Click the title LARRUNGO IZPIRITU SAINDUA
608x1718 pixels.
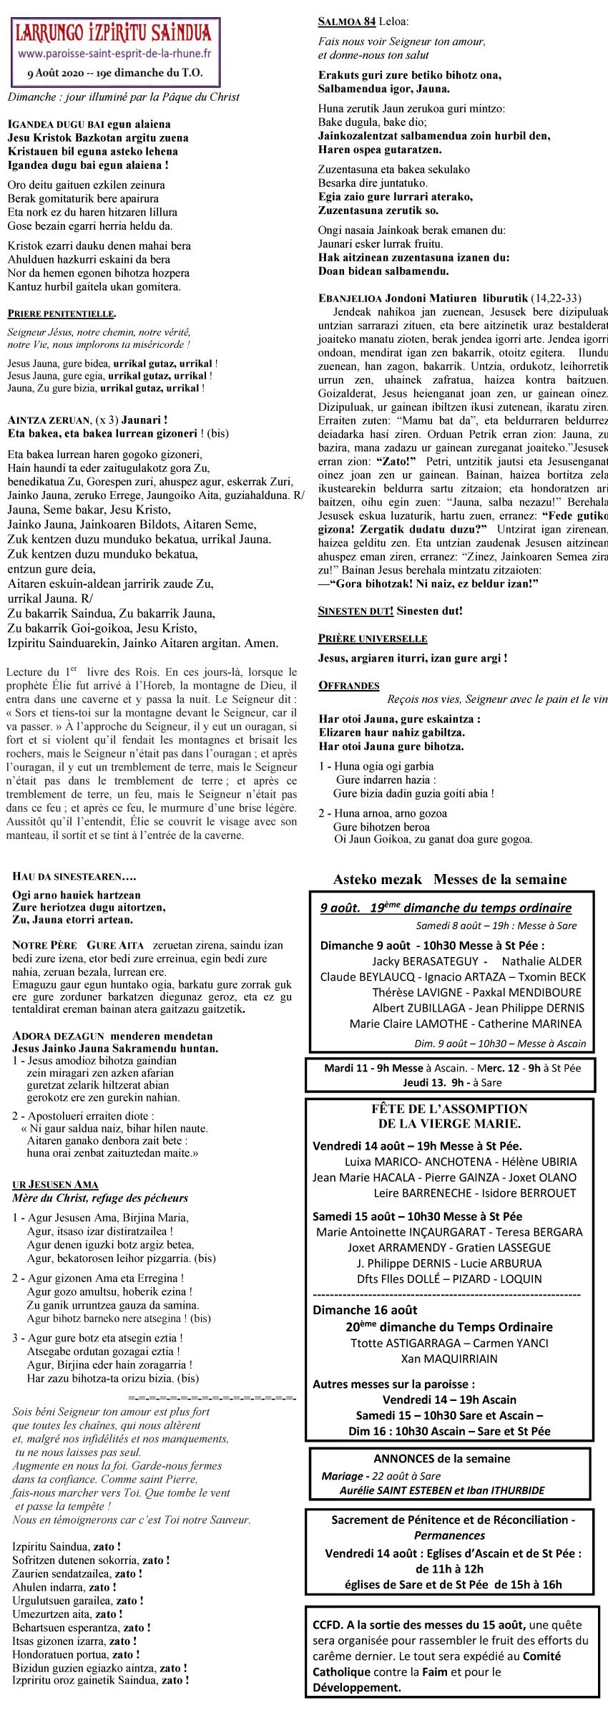114,32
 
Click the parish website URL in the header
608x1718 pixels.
114,54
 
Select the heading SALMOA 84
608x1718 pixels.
347,22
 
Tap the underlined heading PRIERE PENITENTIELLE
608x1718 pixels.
62,314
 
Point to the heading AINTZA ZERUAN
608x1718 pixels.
49,420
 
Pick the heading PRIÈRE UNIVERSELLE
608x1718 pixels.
373,639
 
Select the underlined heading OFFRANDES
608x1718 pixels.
349,686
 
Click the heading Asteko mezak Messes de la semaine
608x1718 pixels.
450,880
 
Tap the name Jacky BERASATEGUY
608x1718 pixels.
425,961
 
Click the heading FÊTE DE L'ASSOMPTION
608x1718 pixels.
450,1109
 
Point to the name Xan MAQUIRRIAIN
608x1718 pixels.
449,1359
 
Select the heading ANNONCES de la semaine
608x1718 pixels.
442,1459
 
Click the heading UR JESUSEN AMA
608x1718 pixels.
55,1185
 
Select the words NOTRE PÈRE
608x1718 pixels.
44,946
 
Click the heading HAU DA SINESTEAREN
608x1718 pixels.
74,876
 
